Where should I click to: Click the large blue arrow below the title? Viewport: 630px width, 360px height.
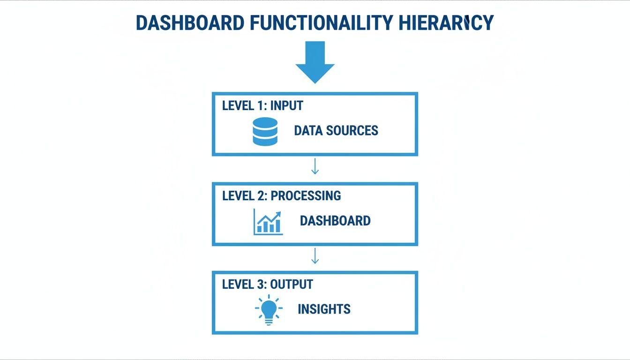pos(315,62)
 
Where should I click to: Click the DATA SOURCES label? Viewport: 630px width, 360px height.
pos(336,130)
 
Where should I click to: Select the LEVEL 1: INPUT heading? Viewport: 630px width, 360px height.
pos(262,105)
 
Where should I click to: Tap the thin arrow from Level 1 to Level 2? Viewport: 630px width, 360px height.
pos(315,166)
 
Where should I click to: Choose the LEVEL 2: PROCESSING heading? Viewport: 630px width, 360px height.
pos(281,195)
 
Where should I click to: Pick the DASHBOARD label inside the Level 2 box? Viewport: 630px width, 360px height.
pos(335,221)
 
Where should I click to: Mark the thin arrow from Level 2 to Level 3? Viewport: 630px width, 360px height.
pos(315,255)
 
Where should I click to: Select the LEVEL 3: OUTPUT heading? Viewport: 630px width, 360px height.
pos(267,284)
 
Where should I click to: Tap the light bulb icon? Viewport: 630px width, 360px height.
pos(269,309)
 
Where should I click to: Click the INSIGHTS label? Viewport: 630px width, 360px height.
pos(324,309)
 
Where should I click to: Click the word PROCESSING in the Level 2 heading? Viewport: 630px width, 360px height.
pos(306,195)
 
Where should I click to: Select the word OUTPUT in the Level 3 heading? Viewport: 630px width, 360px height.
pos(291,284)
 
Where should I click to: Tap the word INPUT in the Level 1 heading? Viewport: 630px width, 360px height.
pos(286,105)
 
